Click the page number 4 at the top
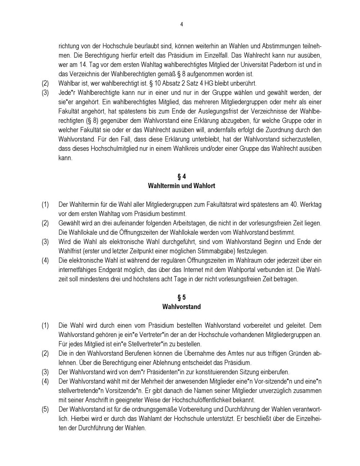[x=181, y=24]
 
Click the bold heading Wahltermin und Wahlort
[x=181, y=186]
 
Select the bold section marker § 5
[x=181, y=297]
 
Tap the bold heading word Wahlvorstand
[x=181, y=307]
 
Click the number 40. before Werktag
[x=294, y=205]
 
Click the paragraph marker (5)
[x=45, y=409]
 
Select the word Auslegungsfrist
[x=211, y=111]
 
